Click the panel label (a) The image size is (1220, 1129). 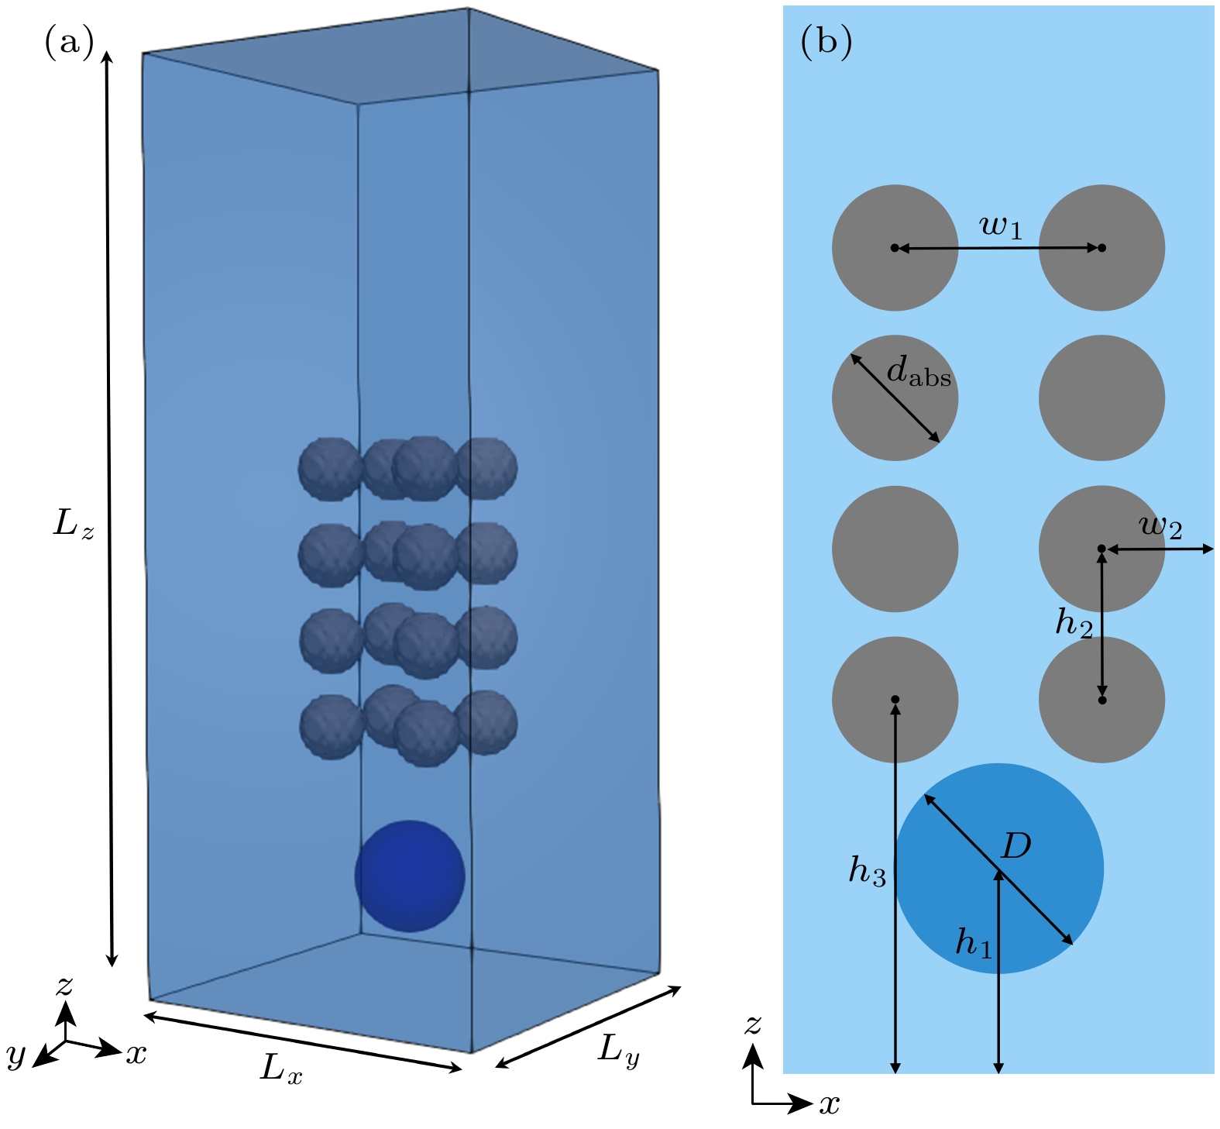point(69,42)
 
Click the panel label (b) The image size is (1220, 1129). point(826,42)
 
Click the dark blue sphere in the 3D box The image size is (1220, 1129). point(410,876)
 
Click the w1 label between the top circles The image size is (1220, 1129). point(1001,226)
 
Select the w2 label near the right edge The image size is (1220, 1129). point(1160,526)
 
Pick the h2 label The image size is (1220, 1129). point(1074,622)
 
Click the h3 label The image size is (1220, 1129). point(867,871)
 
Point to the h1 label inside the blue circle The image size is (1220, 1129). point(974,943)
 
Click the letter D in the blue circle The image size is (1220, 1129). point(1016,846)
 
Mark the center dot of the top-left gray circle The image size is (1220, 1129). point(895,248)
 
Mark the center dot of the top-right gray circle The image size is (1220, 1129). point(1102,248)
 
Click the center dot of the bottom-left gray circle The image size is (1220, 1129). point(895,700)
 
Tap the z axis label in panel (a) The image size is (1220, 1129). point(64,984)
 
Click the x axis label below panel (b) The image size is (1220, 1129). point(830,1103)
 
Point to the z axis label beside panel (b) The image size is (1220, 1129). point(752,1024)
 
